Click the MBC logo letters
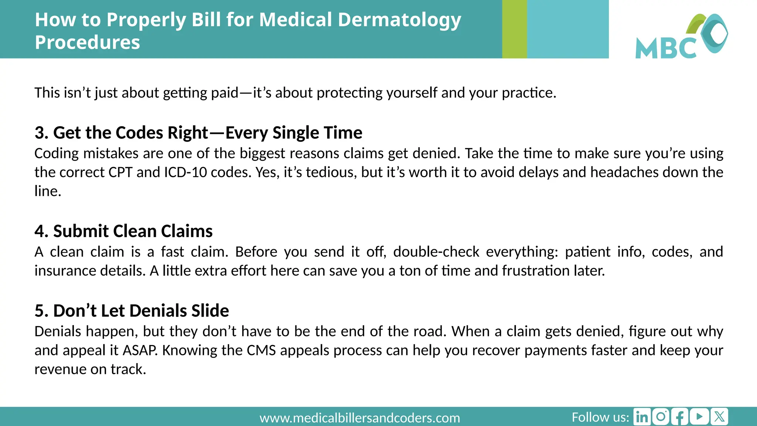click(x=665, y=48)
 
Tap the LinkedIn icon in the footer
click(x=642, y=417)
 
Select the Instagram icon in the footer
click(x=661, y=417)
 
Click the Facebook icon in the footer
click(x=680, y=417)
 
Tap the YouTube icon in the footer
click(x=699, y=417)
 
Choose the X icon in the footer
click(x=719, y=417)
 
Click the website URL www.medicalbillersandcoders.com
click(x=360, y=418)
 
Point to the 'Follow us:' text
click(x=600, y=417)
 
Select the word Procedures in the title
click(x=87, y=42)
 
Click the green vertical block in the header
click(x=514, y=29)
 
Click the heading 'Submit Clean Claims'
click(x=133, y=231)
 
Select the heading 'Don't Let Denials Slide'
click(x=141, y=311)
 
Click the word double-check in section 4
click(x=436, y=252)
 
